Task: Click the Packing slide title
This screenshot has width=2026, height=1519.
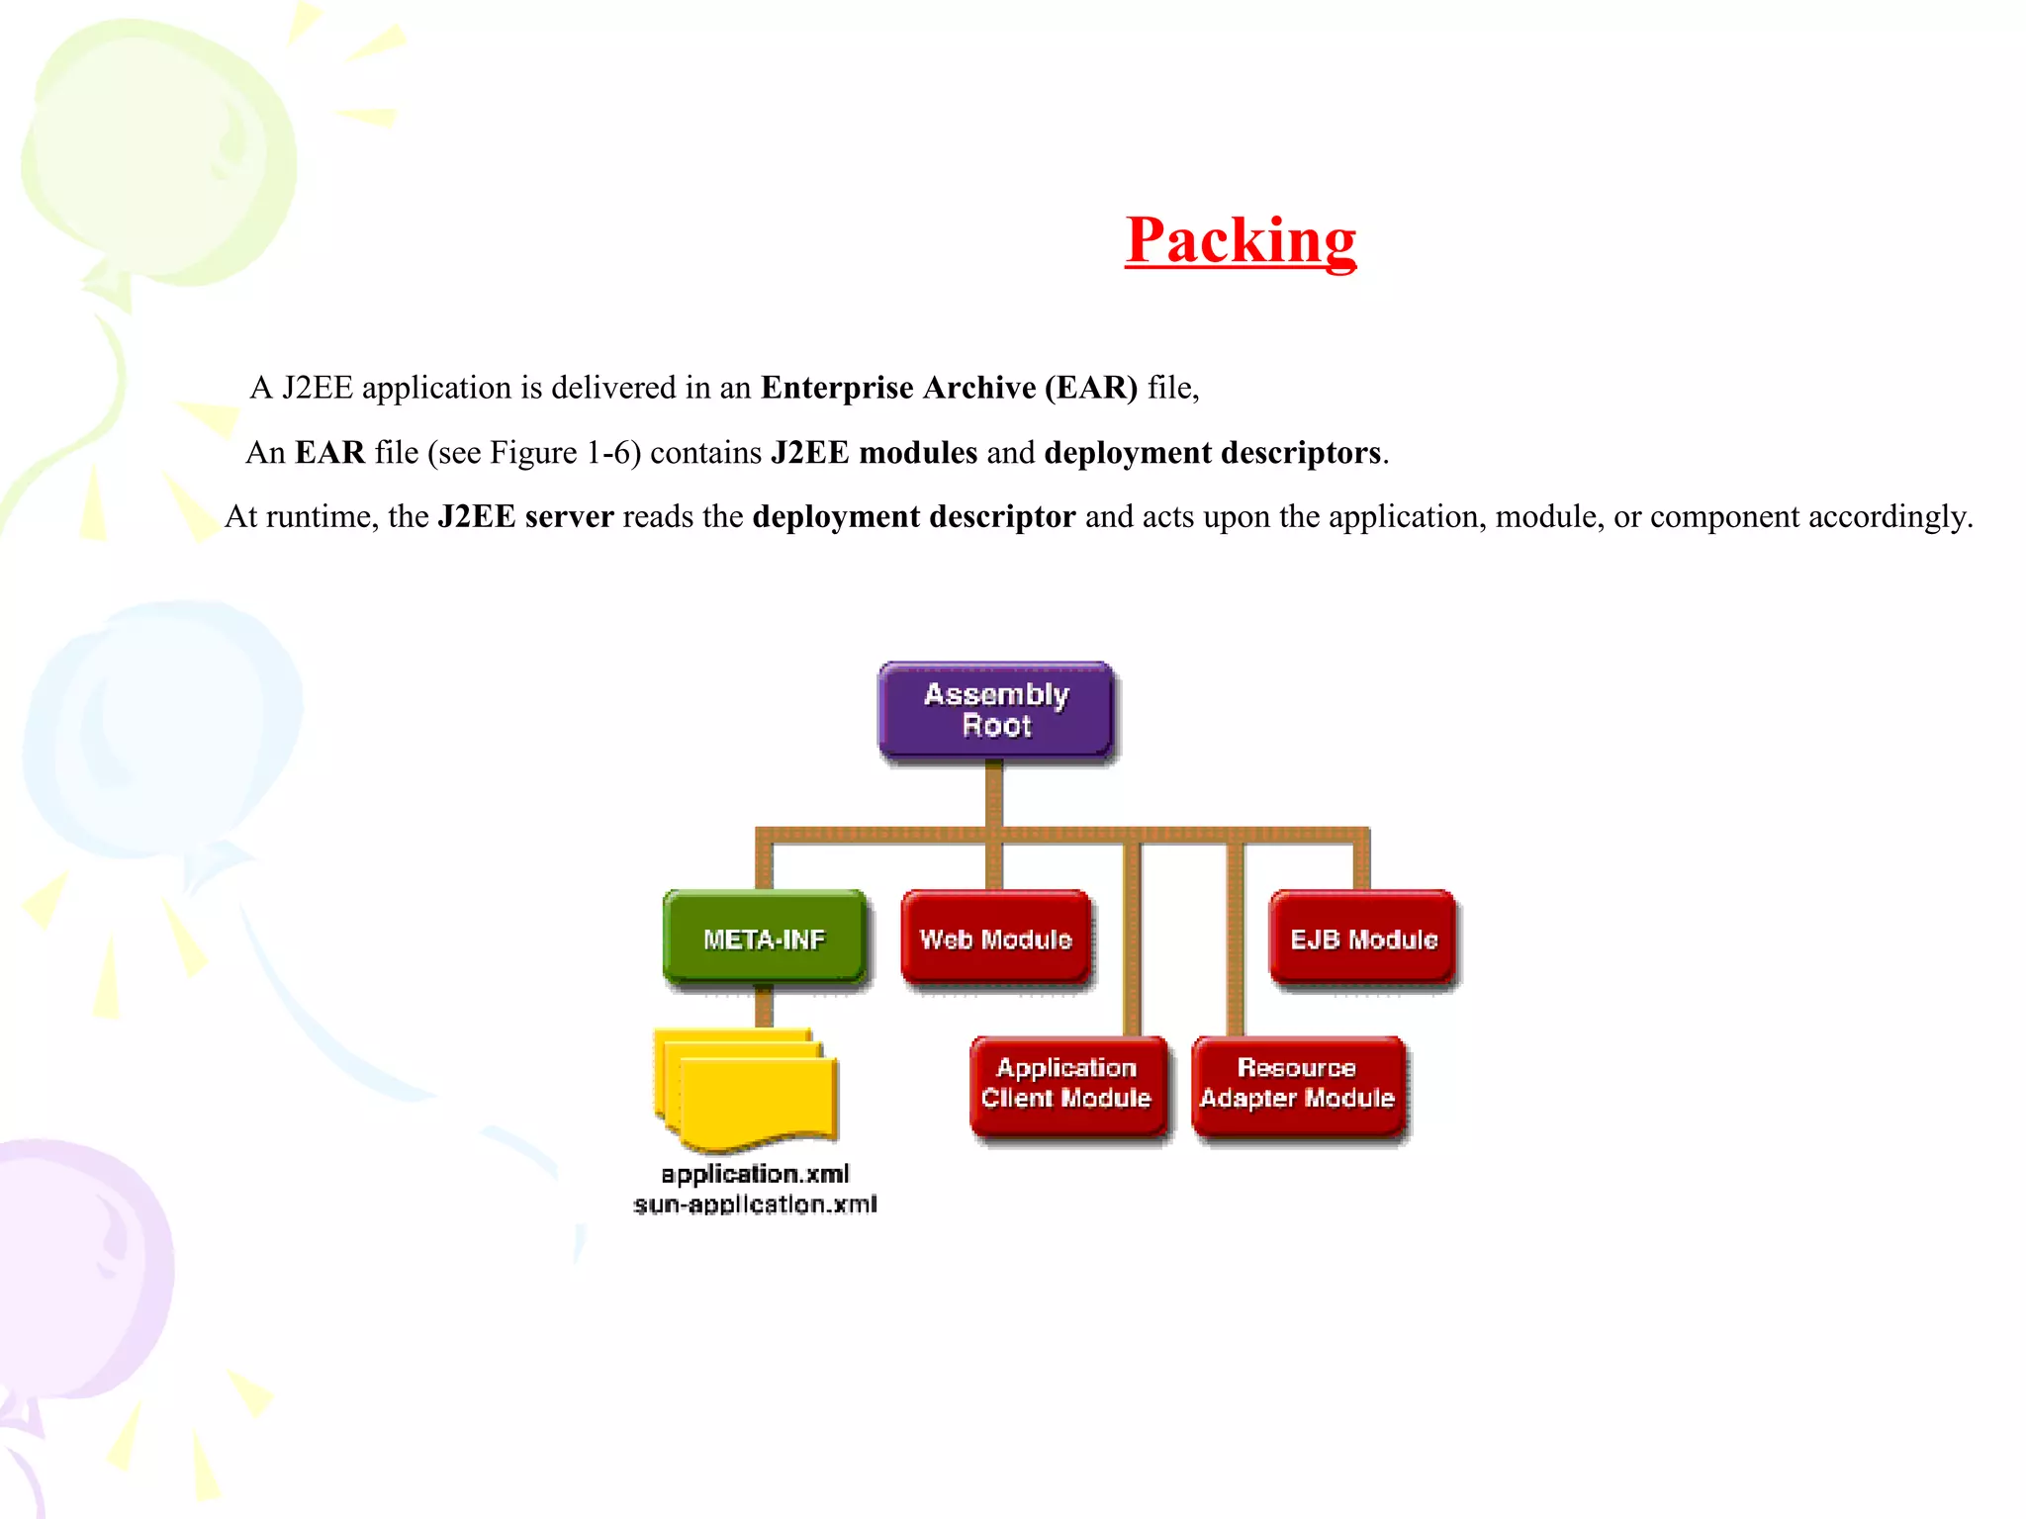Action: coord(1241,240)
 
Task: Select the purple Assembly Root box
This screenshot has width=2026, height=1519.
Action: coord(996,710)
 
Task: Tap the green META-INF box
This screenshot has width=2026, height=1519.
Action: coord(764,938)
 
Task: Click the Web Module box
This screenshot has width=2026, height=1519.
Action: coord(996,938)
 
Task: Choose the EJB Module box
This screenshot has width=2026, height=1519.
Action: coord(1363,938)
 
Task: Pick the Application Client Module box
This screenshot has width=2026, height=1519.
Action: coord(1066,1084)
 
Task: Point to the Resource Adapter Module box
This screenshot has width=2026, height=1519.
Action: coord(1297,1084)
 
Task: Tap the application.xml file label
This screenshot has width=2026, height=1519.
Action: coord(755,1174)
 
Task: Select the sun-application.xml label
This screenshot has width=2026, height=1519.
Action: coord(755,1205)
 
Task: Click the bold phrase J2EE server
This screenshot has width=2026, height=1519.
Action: coord(525,517)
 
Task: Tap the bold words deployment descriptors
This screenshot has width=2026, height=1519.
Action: coord(1212,453)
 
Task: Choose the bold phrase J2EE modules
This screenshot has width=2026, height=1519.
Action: coord(874,453)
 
